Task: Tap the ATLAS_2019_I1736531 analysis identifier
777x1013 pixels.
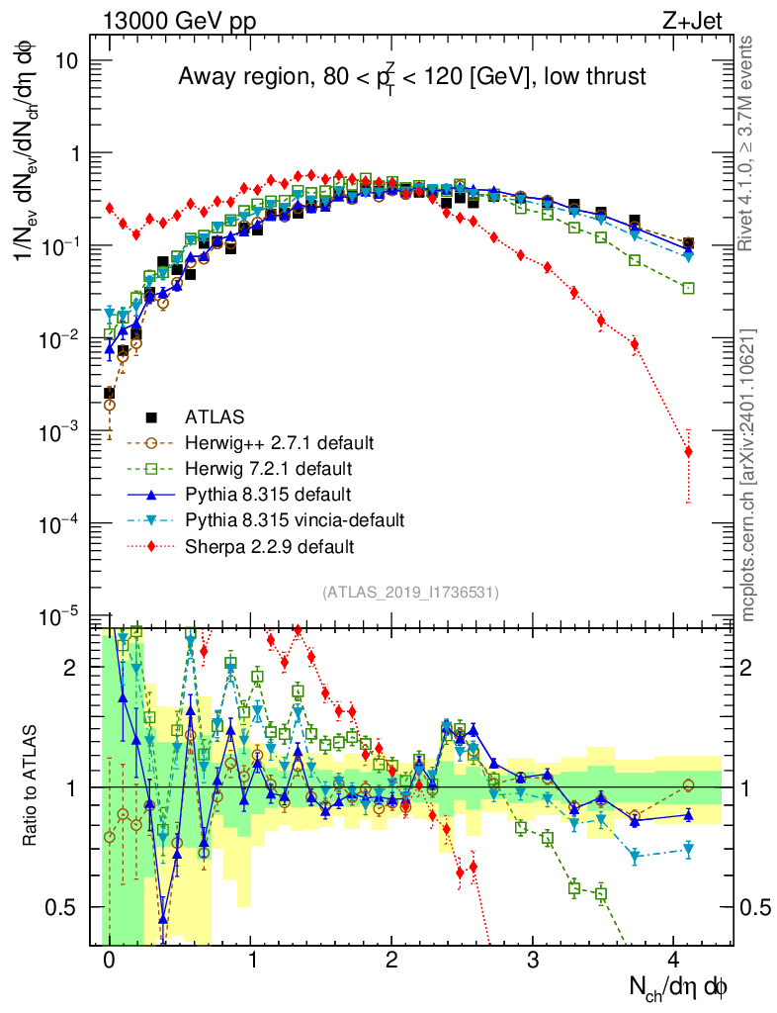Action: [410, 593]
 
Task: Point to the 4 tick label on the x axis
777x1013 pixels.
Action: [674, 961]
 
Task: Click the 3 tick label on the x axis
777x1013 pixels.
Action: [533, 961]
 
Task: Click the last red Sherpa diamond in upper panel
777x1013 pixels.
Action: [688, 452]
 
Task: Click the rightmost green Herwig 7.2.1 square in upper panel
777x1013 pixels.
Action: [688, 288]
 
